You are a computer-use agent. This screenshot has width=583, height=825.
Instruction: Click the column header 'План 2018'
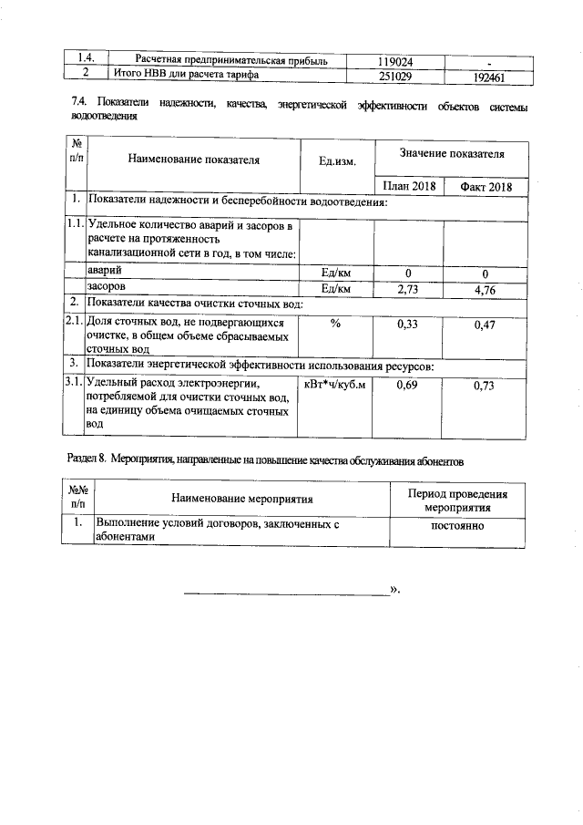[x=408, y=187]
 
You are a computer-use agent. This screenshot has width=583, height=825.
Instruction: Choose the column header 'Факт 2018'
[x=486, y=187]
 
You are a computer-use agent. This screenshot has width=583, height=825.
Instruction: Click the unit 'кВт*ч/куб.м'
[x=335, y=385]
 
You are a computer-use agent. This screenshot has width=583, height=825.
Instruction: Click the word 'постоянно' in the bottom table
[x=457, y=526]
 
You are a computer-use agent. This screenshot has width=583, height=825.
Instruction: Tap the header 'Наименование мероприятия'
[x=241, y=499]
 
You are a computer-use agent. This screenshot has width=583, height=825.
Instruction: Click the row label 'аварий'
[x=102, y=272]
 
